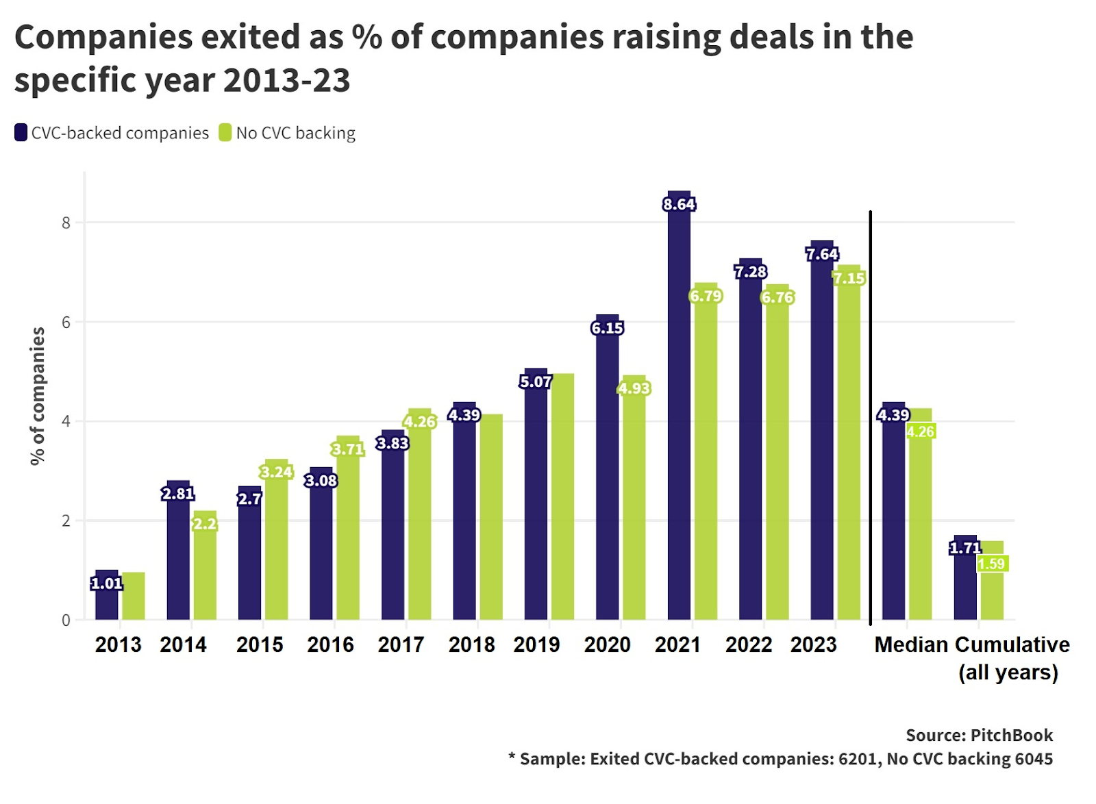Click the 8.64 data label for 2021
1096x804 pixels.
(x=679, y=204)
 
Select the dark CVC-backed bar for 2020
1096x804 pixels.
(x=607, y=479)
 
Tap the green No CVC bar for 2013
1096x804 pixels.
(x=134, y=596)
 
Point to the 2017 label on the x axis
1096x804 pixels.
(x=401, y=644)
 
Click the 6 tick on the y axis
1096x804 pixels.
(x=66, y=322)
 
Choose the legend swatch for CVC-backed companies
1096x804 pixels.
(x=21, y=132)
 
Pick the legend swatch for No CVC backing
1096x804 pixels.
(x=225, y=132)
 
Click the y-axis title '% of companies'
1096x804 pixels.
(x=38, y=396)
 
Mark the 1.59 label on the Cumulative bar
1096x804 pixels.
(x=992, y=564)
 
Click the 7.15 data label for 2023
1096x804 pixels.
(x=849, y=278)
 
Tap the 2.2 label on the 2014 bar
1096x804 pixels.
(x=204, y=524)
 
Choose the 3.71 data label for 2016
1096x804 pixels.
(x=347, y=449)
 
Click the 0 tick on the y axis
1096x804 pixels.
(x=66, y=620)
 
